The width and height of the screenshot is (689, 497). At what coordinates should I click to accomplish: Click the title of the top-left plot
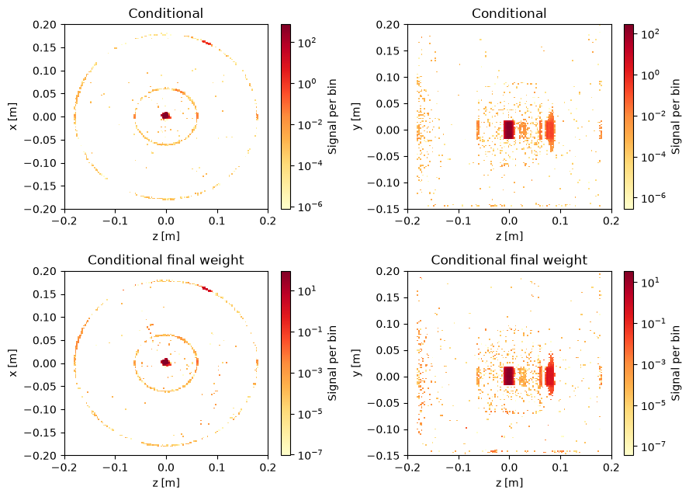(x=166, y=13)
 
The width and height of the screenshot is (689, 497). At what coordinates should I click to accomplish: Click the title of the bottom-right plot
(x=509, y=260)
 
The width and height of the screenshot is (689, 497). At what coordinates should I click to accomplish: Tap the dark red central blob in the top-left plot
(x=166, y=116)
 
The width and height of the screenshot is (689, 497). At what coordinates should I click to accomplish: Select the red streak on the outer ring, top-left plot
(x=207, y=43)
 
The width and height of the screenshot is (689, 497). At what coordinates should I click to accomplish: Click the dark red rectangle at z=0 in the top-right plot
(x=508, y=130)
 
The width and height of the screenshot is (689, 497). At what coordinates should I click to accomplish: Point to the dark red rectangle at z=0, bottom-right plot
(x=508, y=376)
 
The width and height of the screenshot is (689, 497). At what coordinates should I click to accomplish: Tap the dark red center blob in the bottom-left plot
(x=166, y=362)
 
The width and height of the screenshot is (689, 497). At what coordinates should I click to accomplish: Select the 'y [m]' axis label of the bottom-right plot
(x=356, y=363)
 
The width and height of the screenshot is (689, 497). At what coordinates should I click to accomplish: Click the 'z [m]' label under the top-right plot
(x=509, y=236)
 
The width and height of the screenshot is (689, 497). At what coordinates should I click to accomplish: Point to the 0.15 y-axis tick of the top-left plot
(x=45, y=47)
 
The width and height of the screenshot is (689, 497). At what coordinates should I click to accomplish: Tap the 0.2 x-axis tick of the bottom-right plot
(x=611, y=467)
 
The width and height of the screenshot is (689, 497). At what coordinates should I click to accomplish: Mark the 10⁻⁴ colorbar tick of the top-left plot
(x=310, y=166)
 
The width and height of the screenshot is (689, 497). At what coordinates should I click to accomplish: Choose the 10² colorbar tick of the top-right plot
(x=650, y=34)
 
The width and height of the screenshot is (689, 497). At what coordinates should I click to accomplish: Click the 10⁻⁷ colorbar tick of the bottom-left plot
(x=310, y=454)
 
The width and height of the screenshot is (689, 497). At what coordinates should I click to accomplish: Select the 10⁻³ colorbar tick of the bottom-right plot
(x=653, y=365)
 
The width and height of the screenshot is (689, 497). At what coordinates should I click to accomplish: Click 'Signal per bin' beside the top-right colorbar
(x=675, y=116)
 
